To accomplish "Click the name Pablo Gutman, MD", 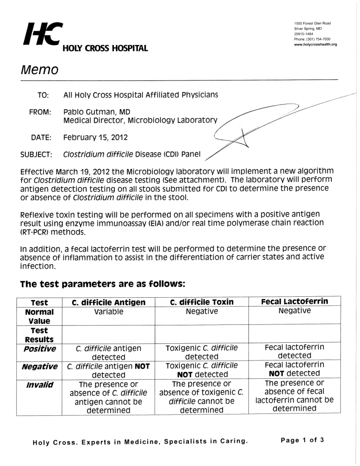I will point(97,112).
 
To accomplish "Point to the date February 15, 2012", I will point(96,138).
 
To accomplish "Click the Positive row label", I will point(40,348).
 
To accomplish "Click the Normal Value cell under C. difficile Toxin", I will point(202,311).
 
